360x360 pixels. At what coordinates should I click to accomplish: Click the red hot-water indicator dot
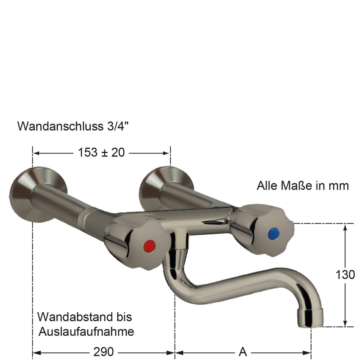(x=149, y=245)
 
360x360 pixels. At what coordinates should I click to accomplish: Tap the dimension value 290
(x=103, y=352)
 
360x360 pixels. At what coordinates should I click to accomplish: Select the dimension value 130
(x=345, y=274)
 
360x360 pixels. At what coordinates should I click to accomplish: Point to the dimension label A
(x=243, y=352)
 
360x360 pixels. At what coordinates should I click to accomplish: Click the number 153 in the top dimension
(x=88, y=153)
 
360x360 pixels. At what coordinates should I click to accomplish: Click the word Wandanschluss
(x=60, y=126)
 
